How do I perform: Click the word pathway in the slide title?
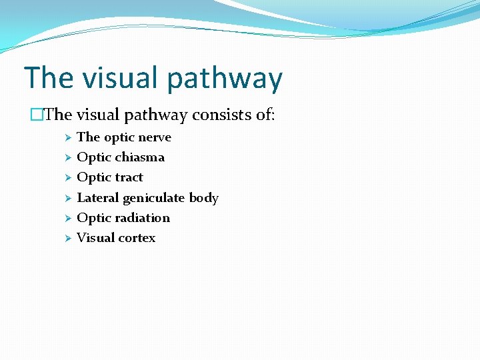[225, 79]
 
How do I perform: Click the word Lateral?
[98, 198]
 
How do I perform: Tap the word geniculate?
[154, 199]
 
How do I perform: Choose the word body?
[204, 198]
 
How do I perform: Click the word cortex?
[136, 238]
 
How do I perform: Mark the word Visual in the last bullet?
[95, 238]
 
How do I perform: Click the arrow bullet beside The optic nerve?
[67, 138]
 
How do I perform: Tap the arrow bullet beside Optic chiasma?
[67, 158]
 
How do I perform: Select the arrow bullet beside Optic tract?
[67, 178]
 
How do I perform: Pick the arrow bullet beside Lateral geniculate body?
[67, 199]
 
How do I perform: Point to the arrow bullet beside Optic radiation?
[67, 219]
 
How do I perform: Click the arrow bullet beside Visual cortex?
[67, 239]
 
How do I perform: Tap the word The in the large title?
[48, 78]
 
